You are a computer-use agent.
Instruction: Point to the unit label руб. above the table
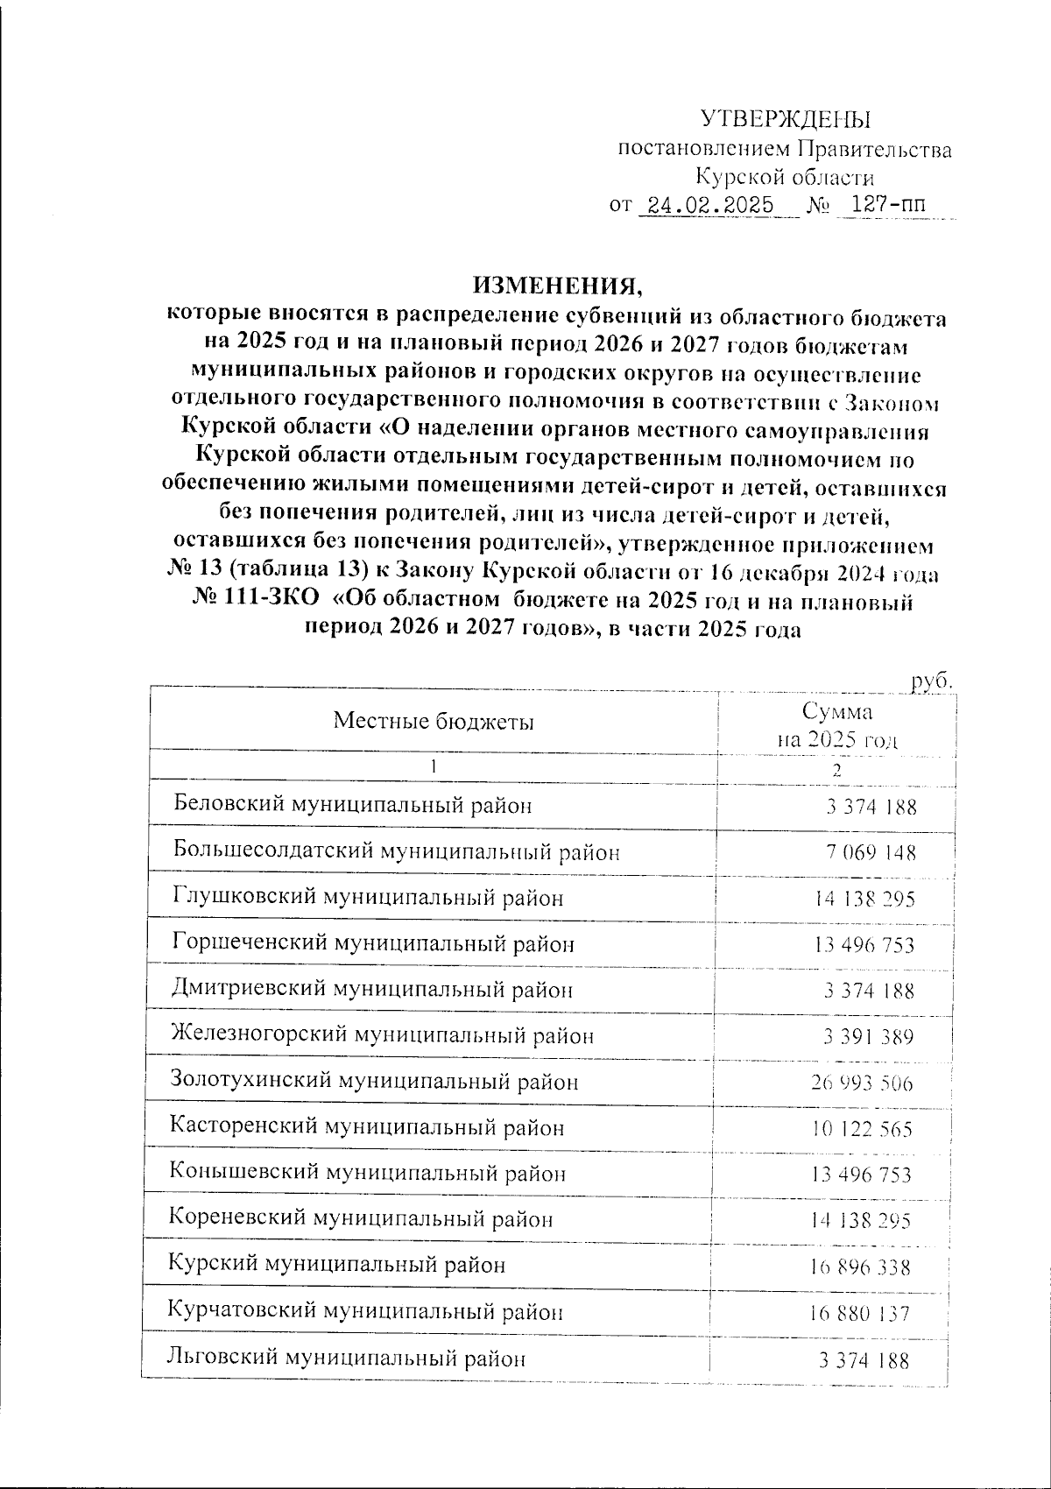(x=930, y=681)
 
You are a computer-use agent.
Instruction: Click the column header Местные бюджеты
(x=433, y=722)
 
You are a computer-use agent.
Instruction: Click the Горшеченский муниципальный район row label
(x=373, y=943)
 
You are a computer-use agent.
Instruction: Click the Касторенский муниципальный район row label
(x=366, y=1127)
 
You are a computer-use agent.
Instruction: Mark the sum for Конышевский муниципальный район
(x=862, y=1175)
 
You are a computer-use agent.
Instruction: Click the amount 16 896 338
(x=862, y=1267)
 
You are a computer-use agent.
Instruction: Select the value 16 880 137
(x=861, y=1314)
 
